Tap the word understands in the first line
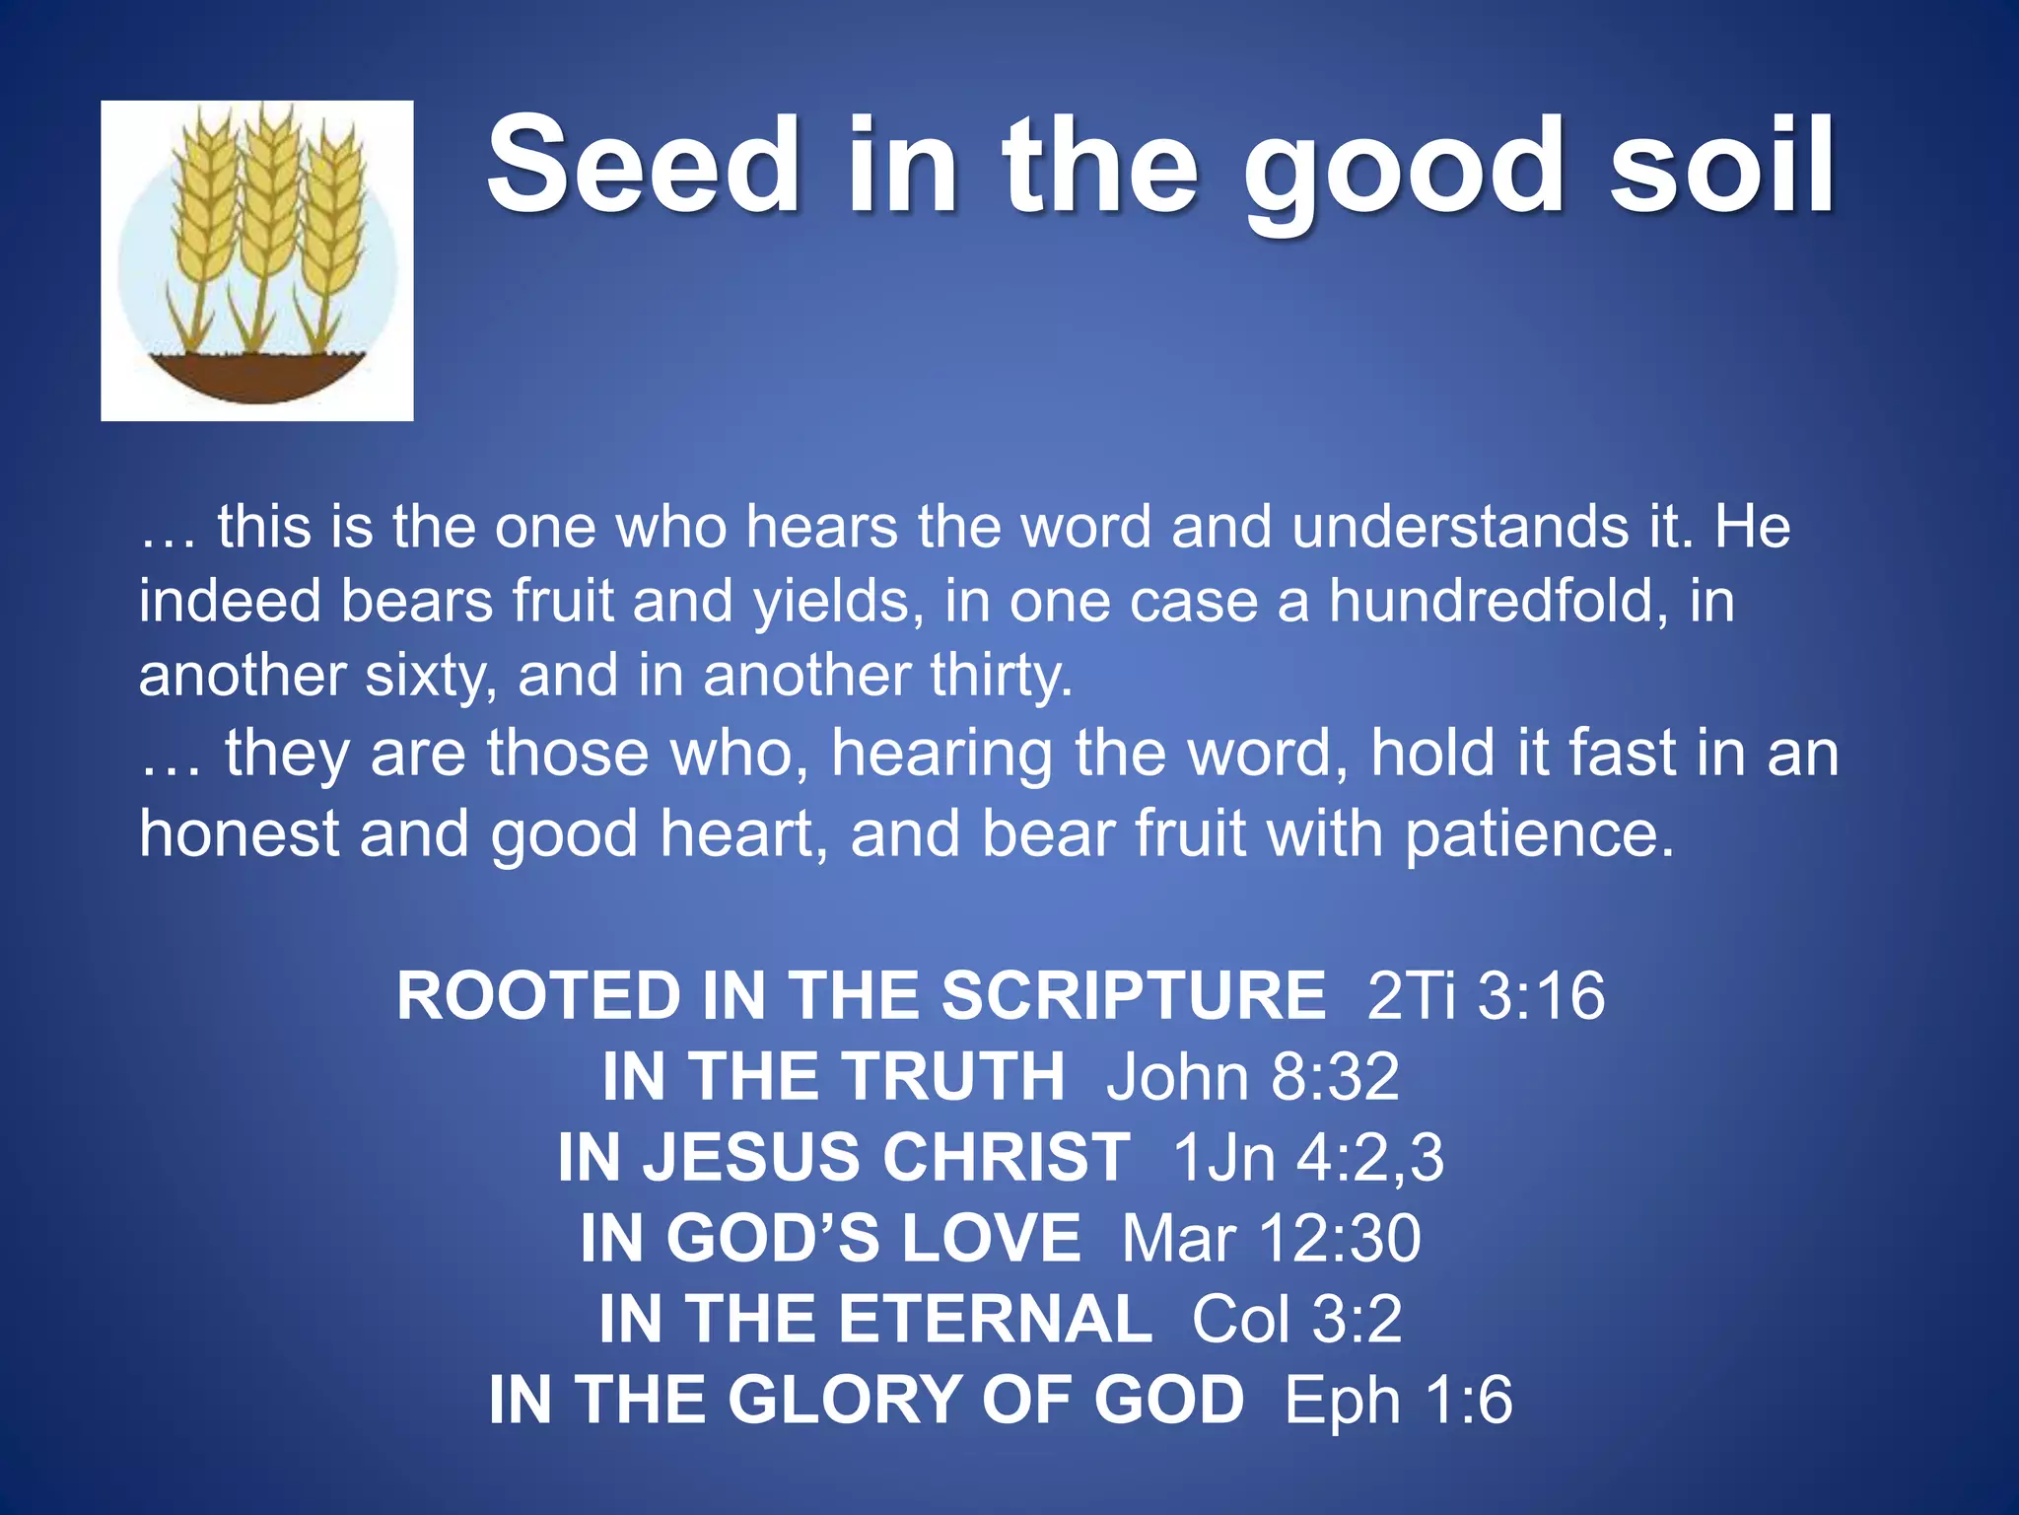(x=1460, y=526)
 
